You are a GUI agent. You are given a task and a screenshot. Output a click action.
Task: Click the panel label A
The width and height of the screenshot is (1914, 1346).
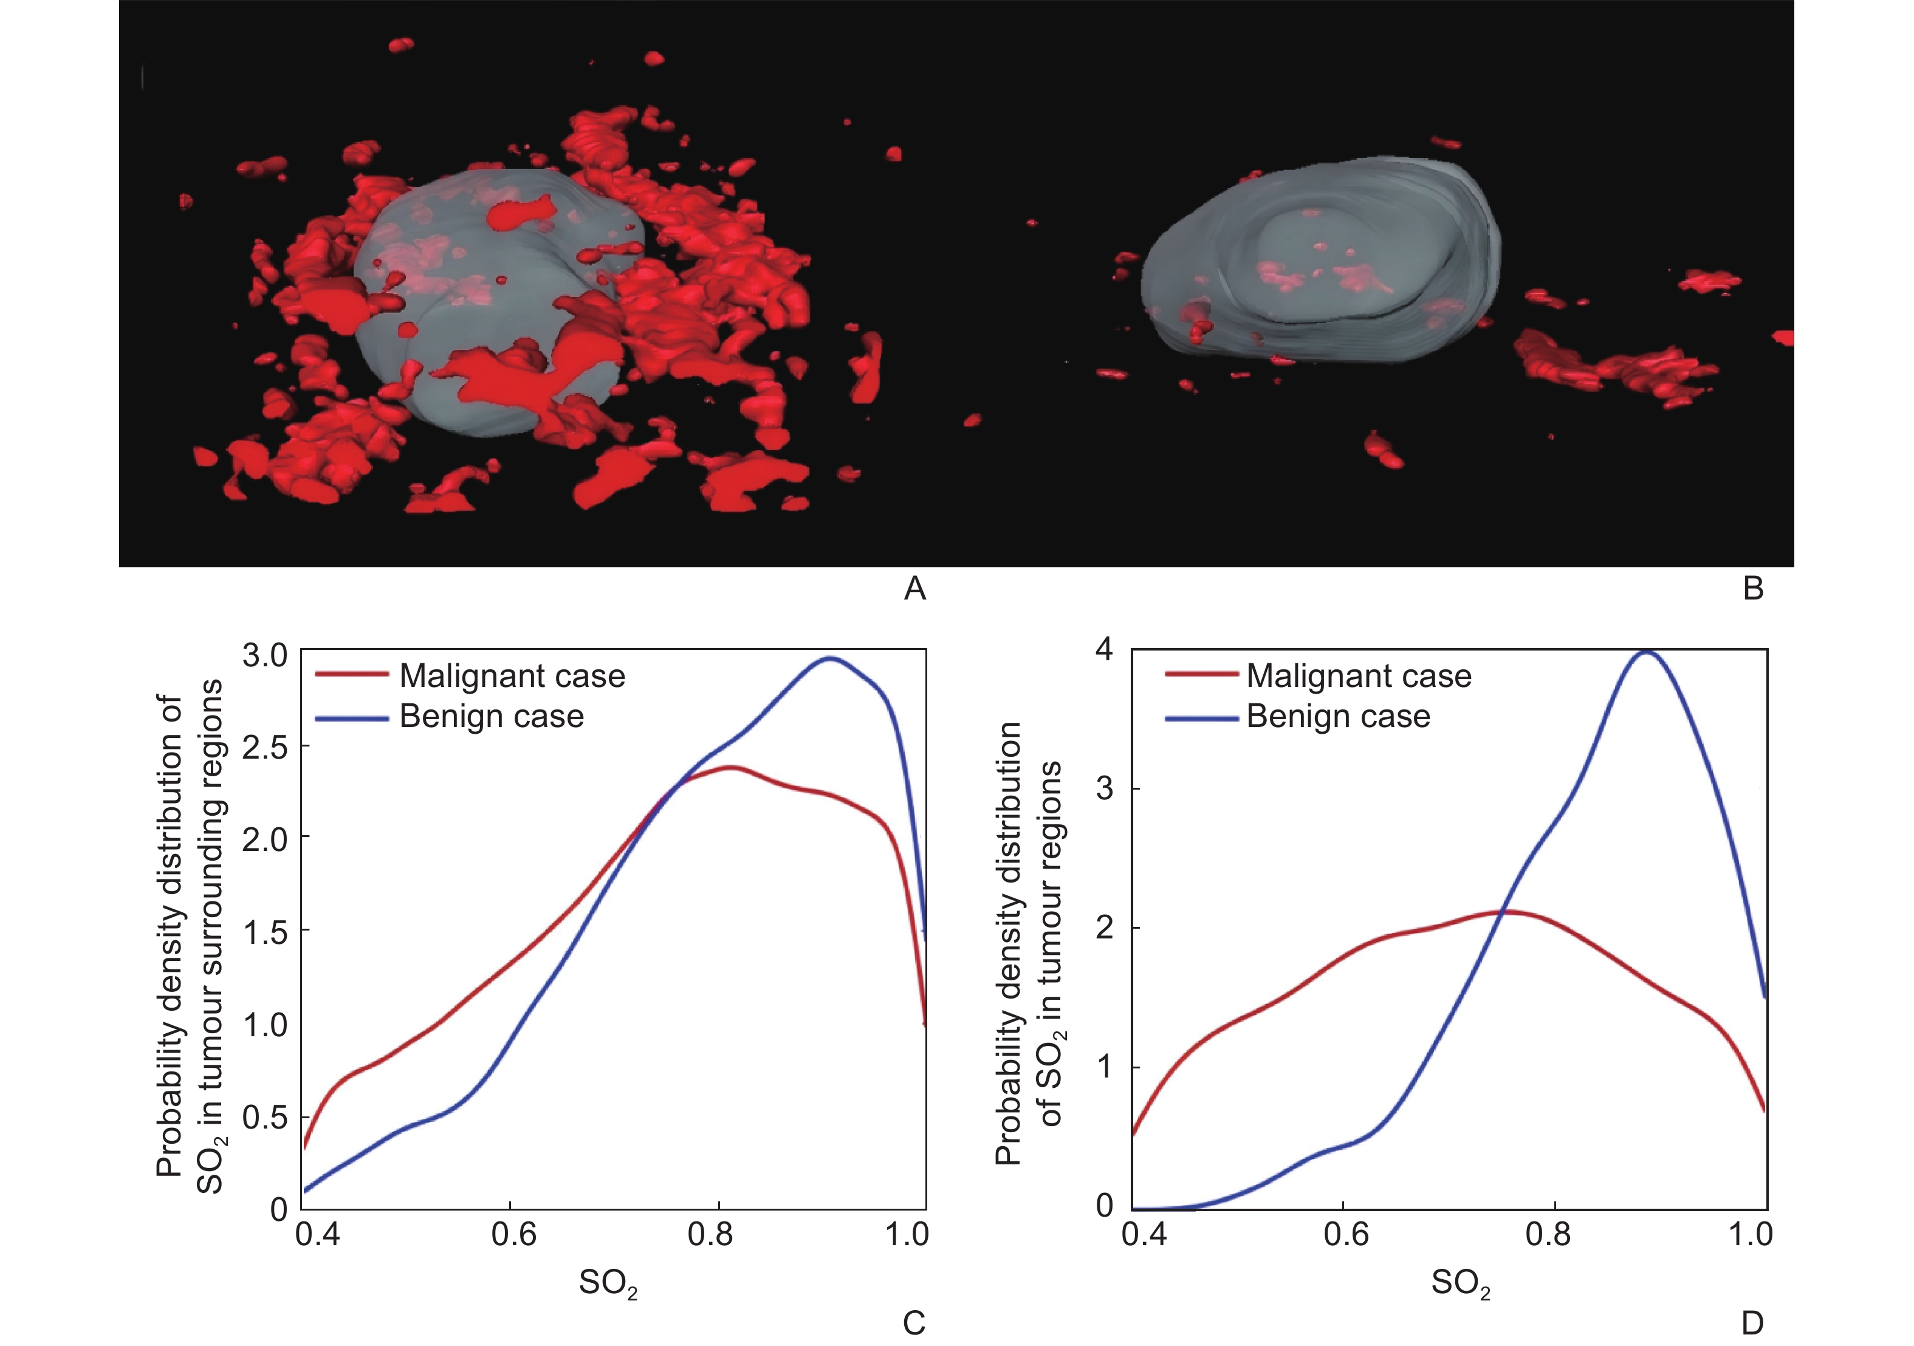[x=914, y=589]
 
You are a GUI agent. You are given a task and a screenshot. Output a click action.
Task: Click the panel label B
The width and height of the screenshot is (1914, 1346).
[x=1753, y=589]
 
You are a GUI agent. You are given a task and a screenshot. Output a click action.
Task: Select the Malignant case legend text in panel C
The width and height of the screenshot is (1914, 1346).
[x=512, y=676]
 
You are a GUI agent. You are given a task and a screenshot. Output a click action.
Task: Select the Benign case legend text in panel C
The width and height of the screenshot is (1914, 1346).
[x=491, y=717]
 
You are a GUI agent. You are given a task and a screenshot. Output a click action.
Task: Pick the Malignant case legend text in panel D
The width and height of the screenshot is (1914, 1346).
[x=1359, y=676]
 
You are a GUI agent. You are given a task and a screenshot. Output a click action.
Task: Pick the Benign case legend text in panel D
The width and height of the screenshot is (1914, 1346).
[x=1338, y=717]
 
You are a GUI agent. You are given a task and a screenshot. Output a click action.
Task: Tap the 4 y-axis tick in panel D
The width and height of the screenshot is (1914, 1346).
[x=1105, y=649]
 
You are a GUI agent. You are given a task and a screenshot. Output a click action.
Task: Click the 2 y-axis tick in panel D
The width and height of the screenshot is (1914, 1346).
[x=1105, y=928]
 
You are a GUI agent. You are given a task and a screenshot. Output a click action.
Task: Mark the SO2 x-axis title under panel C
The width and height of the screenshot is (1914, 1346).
[x=608, y=1283]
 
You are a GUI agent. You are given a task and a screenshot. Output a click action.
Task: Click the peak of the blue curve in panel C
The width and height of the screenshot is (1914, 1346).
[x=830, y=658]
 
